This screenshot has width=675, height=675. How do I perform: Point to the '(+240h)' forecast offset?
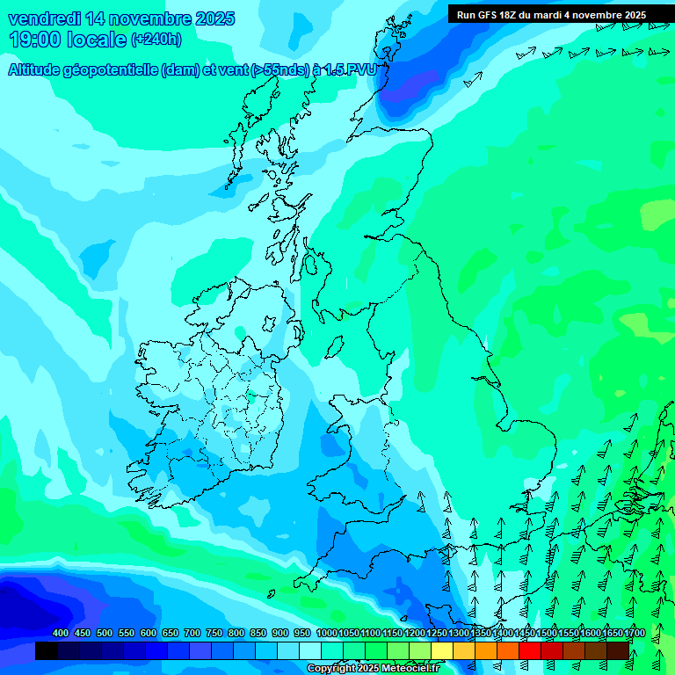click(156, 39)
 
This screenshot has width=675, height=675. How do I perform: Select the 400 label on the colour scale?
click(61, 634)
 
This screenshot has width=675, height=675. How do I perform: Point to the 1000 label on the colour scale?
click(326, 634)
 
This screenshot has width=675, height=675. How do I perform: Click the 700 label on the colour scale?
click(192, 634)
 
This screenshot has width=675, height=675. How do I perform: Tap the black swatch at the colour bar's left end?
click(47, 650)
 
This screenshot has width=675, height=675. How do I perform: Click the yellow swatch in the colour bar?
click(442, 650)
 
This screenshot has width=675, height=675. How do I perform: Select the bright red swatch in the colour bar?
click(530, 650)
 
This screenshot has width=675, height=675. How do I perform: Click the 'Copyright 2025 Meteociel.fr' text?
click(372, 668)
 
